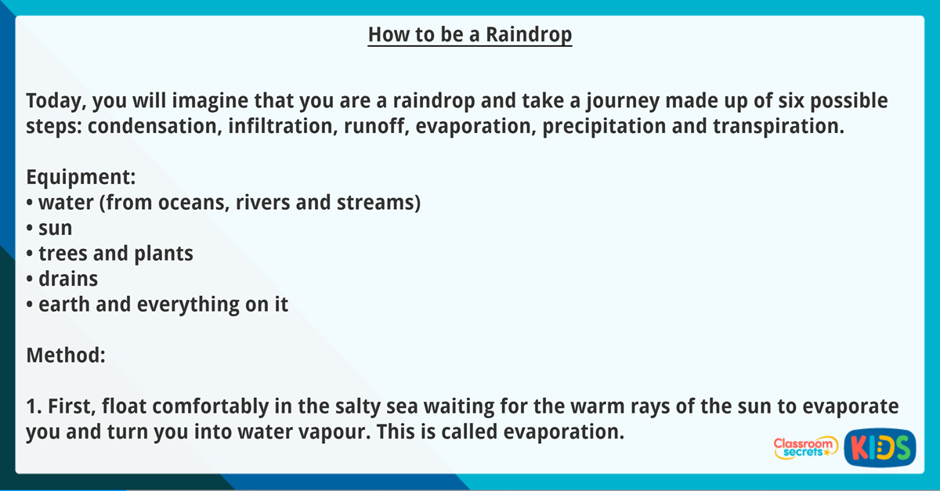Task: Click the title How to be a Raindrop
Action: [x=470, y=35]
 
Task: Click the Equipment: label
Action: [x=81, y=177]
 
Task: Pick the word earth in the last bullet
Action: [x=61, y=305]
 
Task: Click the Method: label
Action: [x=66, y=355]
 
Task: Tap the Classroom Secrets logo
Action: [x=804, y=449]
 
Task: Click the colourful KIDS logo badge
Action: [x=880, y=449]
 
